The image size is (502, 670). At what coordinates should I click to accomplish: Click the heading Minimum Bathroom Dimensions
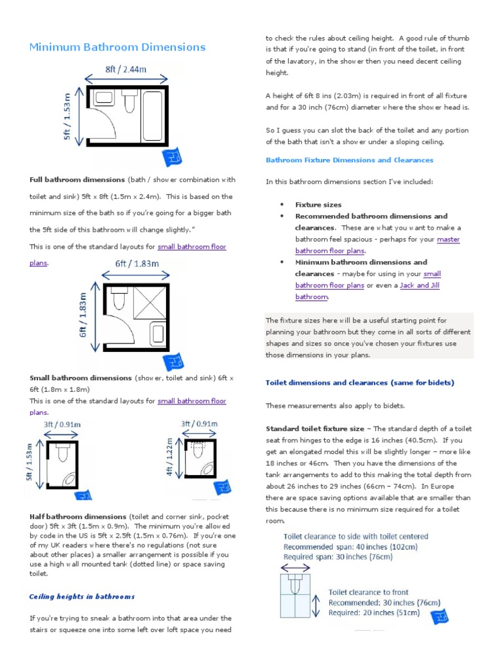tap(118, 47)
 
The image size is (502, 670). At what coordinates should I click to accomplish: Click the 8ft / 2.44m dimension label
tap(125, 69)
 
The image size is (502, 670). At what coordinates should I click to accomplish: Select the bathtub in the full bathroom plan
tap(154, 114)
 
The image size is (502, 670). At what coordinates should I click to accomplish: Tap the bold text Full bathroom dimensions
tap(77, 180)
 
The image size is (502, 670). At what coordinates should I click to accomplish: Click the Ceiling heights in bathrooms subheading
tap(82, 597)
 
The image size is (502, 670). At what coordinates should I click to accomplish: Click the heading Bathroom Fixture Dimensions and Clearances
tap(349, 160)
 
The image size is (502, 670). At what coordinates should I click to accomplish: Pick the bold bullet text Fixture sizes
tap(318, 205)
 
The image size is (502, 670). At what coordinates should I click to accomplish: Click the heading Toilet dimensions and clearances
tap(360, 383)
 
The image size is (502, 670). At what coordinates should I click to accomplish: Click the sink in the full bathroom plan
tap(105, 99)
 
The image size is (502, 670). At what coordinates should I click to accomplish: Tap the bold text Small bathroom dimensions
tap(81, 378)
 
